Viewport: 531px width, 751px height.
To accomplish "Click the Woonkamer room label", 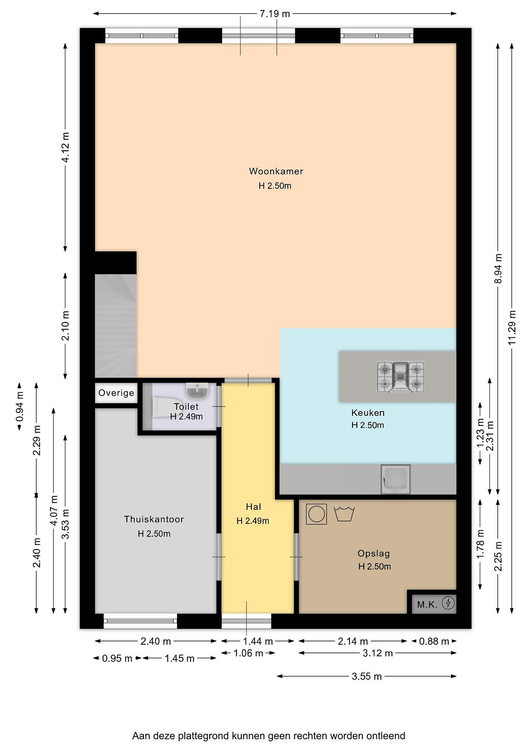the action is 276,171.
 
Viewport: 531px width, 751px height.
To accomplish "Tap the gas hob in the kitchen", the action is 401,377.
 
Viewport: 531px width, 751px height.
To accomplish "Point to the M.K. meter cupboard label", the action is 427,605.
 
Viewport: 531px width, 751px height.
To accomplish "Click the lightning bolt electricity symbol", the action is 448,603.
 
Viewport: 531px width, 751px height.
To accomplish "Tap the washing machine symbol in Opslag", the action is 316,514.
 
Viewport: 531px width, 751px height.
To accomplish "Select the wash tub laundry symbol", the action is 344,514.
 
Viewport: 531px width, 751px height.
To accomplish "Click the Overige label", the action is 117,393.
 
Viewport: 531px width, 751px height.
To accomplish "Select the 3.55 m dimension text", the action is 367,676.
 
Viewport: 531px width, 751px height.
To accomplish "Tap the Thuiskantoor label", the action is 154,519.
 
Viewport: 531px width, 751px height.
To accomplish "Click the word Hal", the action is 253,507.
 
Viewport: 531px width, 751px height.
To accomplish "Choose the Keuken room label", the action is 368,413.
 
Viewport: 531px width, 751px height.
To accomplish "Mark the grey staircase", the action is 116,326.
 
